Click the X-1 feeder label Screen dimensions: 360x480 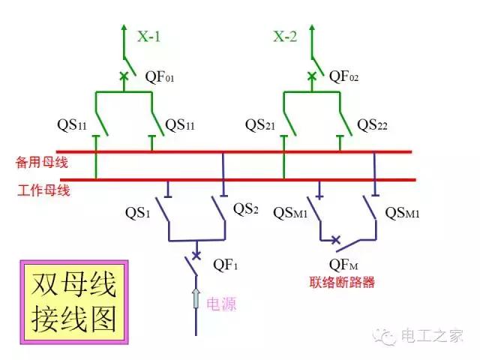pyautogui.click(x=148, y=36)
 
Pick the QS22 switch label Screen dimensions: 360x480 pyautogui.click(x=372, y=124)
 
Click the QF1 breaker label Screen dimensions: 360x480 pyautogui.click(x=226, y=264)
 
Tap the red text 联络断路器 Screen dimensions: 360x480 pyautogui.click(x=342, y=283)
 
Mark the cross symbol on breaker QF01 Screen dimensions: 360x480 pyautogui.click(x=124, y=75)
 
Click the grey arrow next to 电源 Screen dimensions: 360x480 pyautogui.click(x=196, y=298)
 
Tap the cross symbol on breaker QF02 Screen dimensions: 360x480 pyautogui.click(x=311, y=75)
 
